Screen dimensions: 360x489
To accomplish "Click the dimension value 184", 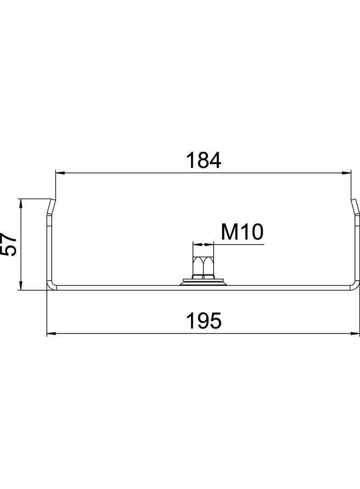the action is (x=203, y=160).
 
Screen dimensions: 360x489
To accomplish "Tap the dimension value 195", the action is (x=203, y=321).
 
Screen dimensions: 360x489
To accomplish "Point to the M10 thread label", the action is (x=242, y=232).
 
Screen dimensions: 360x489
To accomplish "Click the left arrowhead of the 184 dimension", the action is (x=59, y=172).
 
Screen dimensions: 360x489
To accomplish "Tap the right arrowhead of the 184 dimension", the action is (x=347, y=172).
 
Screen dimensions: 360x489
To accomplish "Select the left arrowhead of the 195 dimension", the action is (x=51, y=333).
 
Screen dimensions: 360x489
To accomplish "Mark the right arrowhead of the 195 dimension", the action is (x=355, y=333).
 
